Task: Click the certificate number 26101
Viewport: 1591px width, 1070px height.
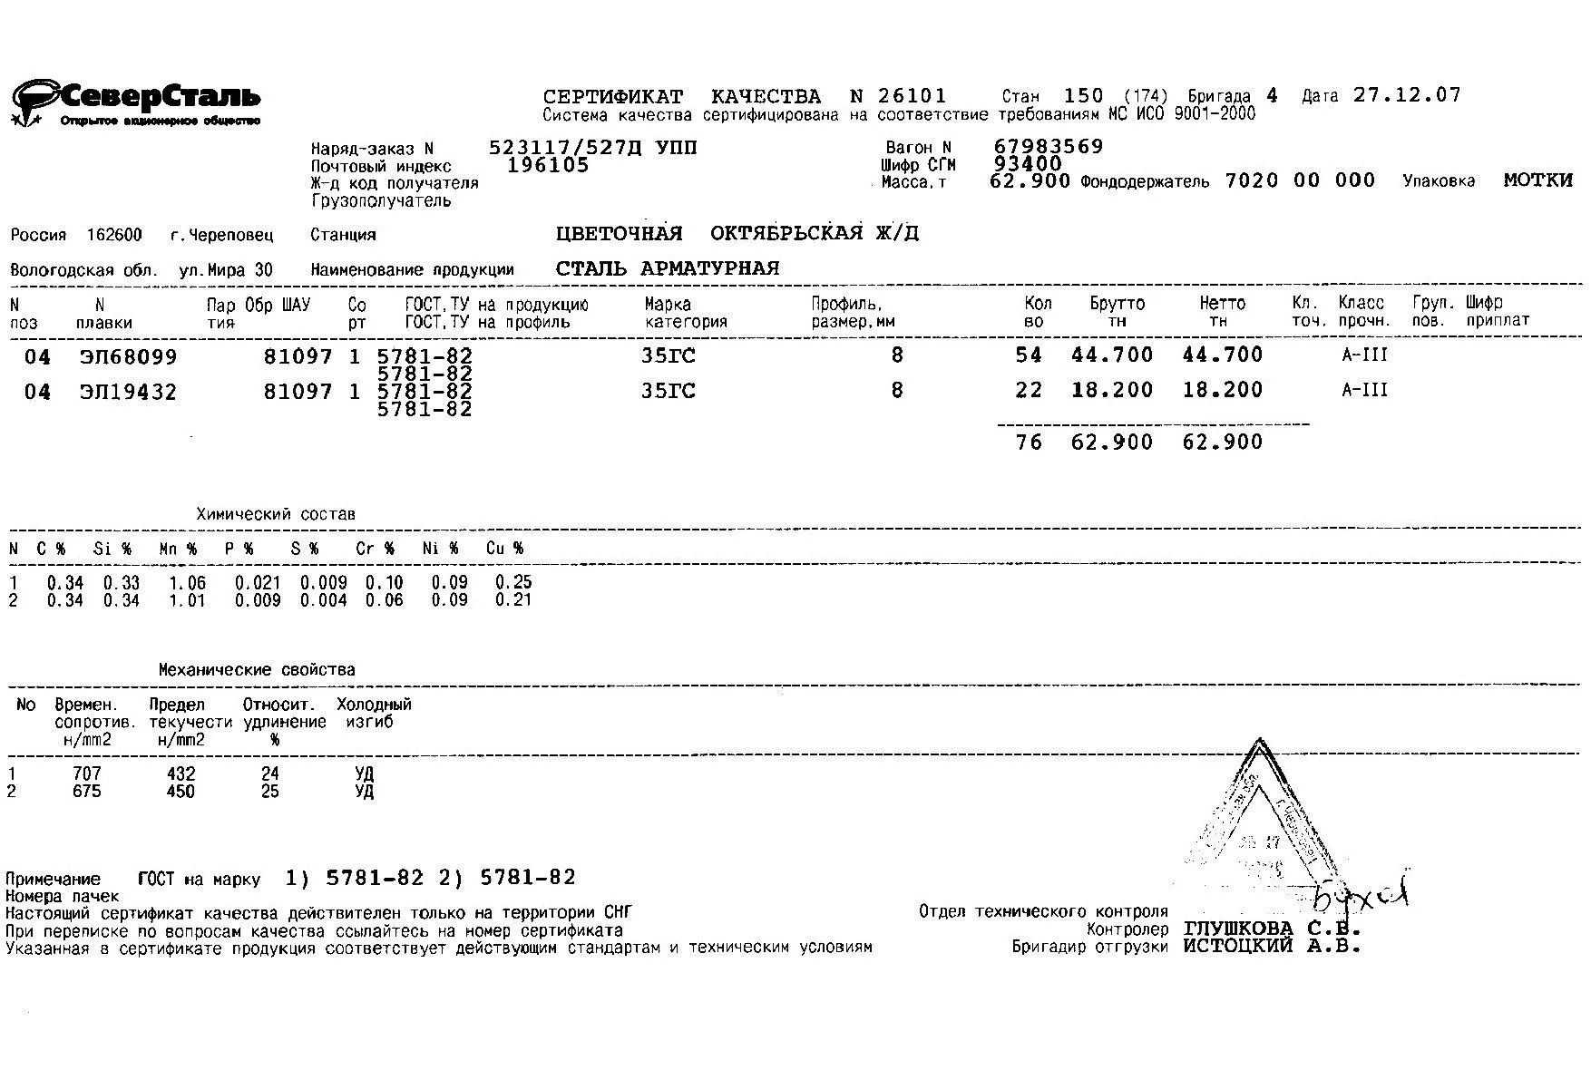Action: [912, 96]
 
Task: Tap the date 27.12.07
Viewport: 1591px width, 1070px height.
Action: [1407, 95]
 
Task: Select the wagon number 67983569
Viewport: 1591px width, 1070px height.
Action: [1049, 147]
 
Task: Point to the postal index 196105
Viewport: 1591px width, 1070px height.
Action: [548, 165]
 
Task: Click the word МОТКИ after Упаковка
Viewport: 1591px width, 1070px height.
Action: [1537, 180]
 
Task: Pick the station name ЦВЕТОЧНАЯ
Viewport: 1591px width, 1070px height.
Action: [619, 234]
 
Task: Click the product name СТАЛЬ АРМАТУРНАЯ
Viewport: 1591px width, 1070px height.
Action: [668, 268]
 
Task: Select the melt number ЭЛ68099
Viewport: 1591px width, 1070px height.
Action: [128, 357]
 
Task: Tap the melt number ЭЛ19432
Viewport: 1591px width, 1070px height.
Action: [128, 393]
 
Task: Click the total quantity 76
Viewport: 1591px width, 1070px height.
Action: [1029, 443]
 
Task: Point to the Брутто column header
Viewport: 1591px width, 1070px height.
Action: [1117, 304]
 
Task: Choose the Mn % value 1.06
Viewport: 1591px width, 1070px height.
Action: [188, 583]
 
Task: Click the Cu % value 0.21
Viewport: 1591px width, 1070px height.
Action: [513, 600]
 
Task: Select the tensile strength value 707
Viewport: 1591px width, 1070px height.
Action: [87, 774]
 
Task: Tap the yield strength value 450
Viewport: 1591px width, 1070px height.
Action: [181, 792]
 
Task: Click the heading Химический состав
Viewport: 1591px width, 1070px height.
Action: [276, 514]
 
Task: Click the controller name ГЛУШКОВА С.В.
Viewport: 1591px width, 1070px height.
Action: [1272, 929]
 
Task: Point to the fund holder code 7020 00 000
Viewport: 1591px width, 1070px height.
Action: [1300, 180]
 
